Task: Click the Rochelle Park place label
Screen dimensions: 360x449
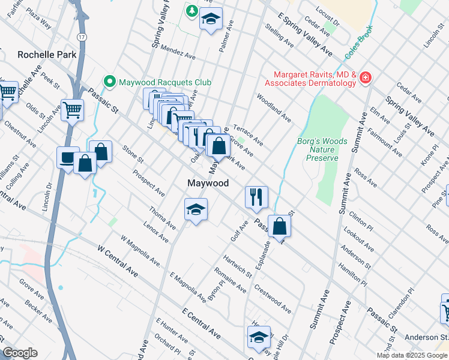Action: [47, 55]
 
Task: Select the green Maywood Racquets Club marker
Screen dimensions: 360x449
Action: [109, 81]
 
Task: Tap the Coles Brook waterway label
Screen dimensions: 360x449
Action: [359, 41]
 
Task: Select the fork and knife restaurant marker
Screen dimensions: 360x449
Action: [256, 196]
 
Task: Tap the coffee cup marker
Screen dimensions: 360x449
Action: [67, 157]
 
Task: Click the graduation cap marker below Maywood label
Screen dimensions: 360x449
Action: [196, 209]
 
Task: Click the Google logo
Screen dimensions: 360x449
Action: [19, 353]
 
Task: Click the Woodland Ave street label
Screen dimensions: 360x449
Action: [273, 108]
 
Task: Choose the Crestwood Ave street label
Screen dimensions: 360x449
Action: [273, 298]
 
